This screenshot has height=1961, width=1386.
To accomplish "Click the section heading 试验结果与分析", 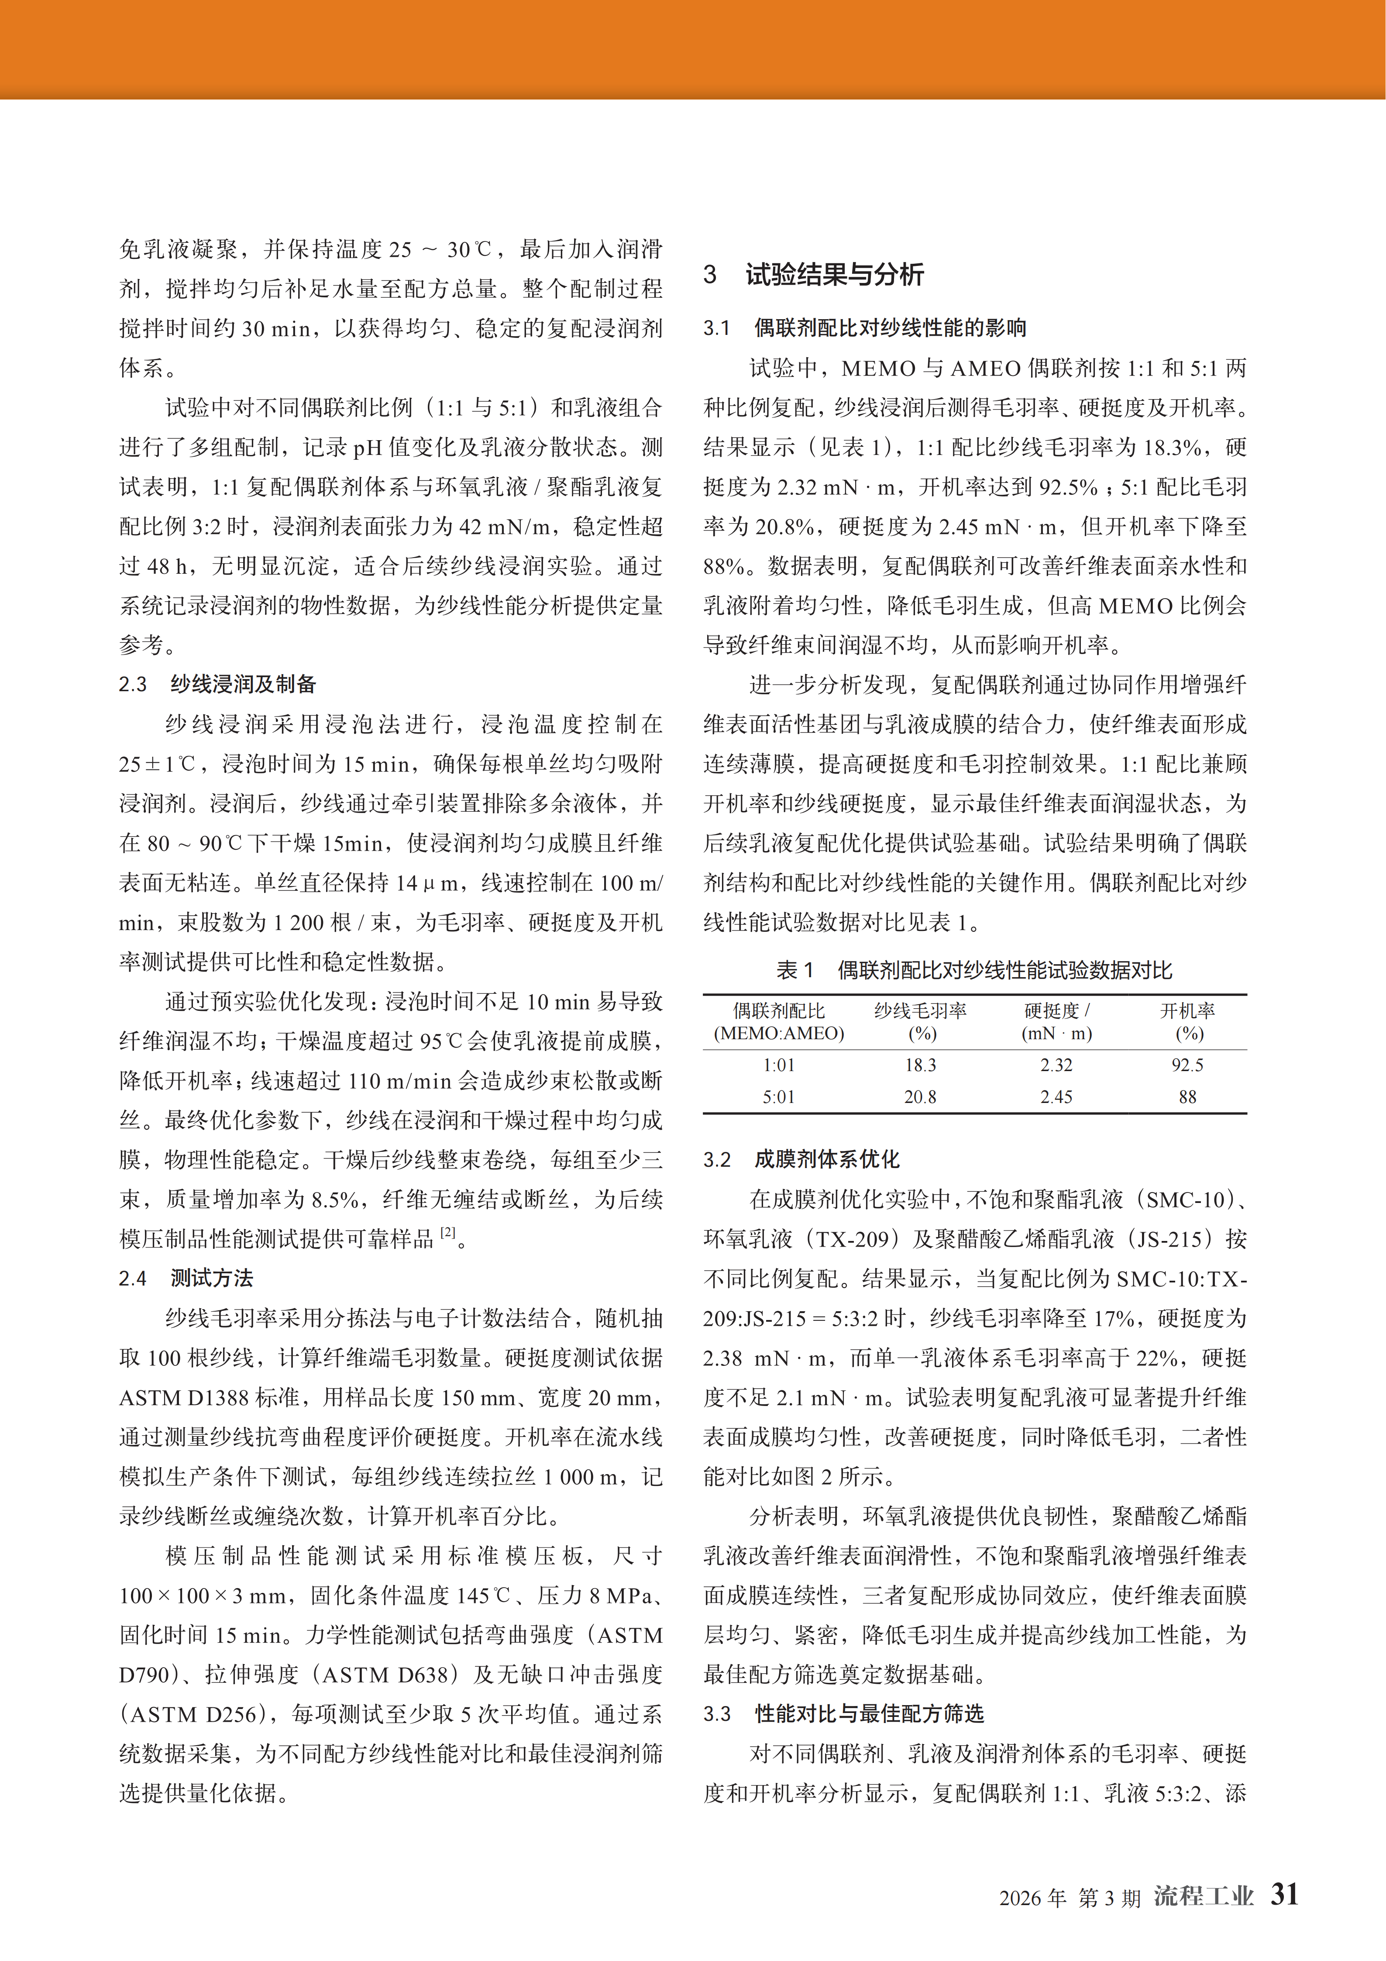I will tap(834, 274).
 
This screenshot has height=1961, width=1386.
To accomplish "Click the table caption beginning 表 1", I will tap(973, 970).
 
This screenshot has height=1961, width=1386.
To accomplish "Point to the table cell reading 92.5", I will tap(1187, 1065).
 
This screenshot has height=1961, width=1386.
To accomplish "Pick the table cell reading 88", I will tap(1187, 1097).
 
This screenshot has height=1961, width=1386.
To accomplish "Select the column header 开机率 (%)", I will tap(1187, 1021).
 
